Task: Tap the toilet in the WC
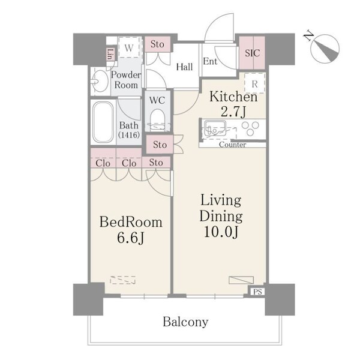point(157,119)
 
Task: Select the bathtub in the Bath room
point(103,122)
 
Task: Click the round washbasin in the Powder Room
point(100,81)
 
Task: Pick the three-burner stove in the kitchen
point(250,128)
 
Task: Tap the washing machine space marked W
point(129,47)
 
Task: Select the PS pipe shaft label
point(257,292)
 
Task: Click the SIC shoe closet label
point(253,53)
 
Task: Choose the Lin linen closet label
point(110,55)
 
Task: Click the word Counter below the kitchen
point(232,145)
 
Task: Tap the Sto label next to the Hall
point(157,44)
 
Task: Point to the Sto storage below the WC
point(160,145)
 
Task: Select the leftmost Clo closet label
point(103,163)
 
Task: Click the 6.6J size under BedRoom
point(131,238)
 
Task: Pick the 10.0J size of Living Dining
point(221,232)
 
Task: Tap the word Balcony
point(185,322)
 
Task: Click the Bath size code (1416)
point(129,135)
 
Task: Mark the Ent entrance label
point(210,61)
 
